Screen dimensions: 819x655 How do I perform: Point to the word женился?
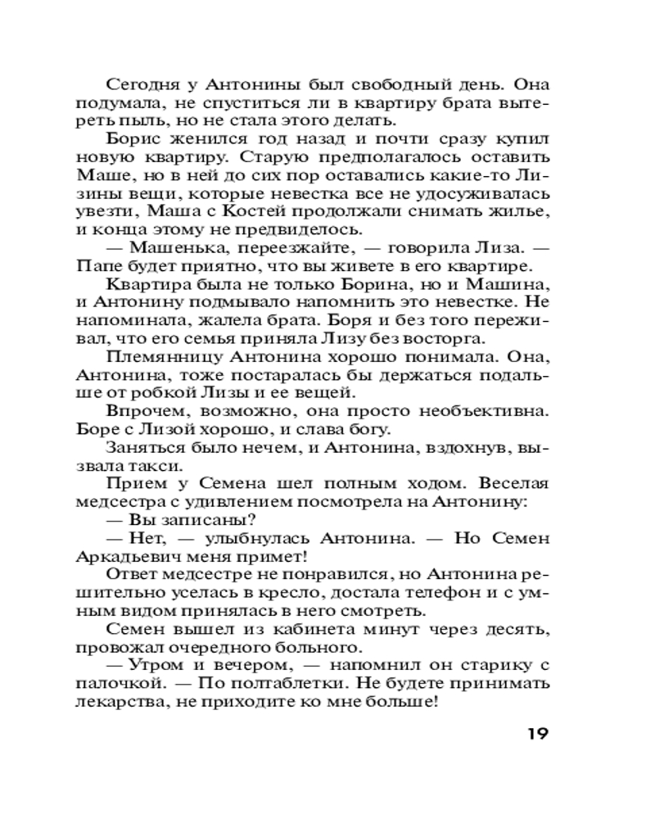tap(213, 140)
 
